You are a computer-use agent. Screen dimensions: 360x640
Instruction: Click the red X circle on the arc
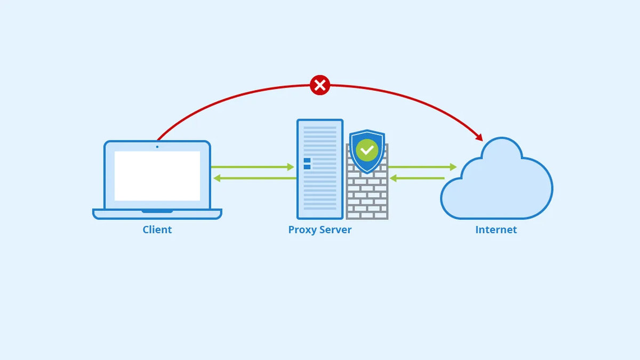319,85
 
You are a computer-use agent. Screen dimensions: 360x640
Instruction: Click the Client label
157,230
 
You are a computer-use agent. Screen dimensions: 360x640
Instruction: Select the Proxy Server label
320,230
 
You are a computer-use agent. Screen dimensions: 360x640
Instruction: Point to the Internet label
496,230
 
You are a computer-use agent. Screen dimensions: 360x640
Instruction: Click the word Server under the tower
335,230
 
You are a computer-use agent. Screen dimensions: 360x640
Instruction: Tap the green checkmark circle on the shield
367,150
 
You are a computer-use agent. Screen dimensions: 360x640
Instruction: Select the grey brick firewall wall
367,197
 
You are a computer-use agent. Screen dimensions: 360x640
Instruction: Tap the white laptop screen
157,175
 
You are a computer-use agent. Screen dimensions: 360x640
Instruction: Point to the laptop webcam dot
157,146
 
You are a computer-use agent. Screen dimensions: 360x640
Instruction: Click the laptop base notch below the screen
157,211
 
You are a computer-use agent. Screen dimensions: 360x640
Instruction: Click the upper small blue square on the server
307,160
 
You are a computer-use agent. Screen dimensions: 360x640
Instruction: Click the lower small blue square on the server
307,167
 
